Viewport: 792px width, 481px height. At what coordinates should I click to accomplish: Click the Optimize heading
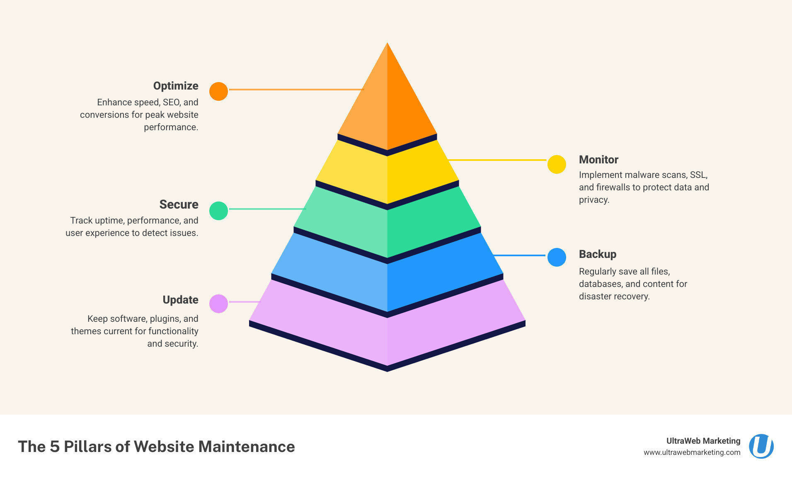tap(176, 86)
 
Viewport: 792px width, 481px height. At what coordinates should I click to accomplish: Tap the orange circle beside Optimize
tap(218, 91)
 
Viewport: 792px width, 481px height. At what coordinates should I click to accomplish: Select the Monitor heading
tap(598, 160)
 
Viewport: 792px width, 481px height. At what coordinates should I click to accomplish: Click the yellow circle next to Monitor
tap(557, 164)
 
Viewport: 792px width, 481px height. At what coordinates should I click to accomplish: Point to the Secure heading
tap(179, 204)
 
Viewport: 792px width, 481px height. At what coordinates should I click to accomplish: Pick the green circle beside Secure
tap(218, 211)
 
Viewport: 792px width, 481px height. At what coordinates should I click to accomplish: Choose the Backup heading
tap(597, 254)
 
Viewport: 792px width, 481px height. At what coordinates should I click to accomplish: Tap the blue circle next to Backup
tap(557, 257)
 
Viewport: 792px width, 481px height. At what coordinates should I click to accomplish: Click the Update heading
tap(180, 300)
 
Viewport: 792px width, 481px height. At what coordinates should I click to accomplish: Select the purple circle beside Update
tap(218, 304)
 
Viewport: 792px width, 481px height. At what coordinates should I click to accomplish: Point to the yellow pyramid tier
tap(387, 174)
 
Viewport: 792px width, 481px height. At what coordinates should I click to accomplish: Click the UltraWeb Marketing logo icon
tap(761, 446)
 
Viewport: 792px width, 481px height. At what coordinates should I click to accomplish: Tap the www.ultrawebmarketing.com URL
tap(692, 452)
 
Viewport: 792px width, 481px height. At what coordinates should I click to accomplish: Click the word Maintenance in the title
tap(246, 447)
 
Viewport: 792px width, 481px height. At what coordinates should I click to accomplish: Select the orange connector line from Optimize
tap(296, 89)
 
